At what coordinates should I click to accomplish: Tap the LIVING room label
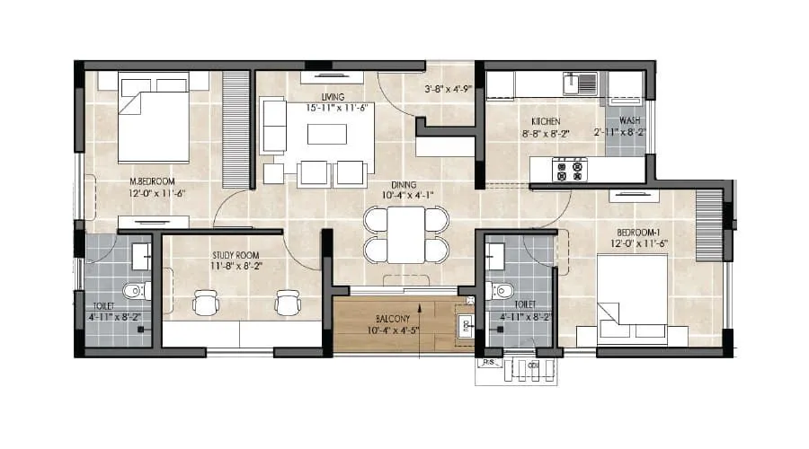tap(325, 96)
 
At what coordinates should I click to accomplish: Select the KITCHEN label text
tap(546, 121)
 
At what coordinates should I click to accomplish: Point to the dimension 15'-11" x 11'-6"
tap(325, 108)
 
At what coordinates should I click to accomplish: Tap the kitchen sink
tap(580, 84)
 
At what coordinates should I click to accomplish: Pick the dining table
tap(406, 233)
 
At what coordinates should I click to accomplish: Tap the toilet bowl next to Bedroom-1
tap(500, 291)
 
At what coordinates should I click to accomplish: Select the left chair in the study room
tap(207, 303)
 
